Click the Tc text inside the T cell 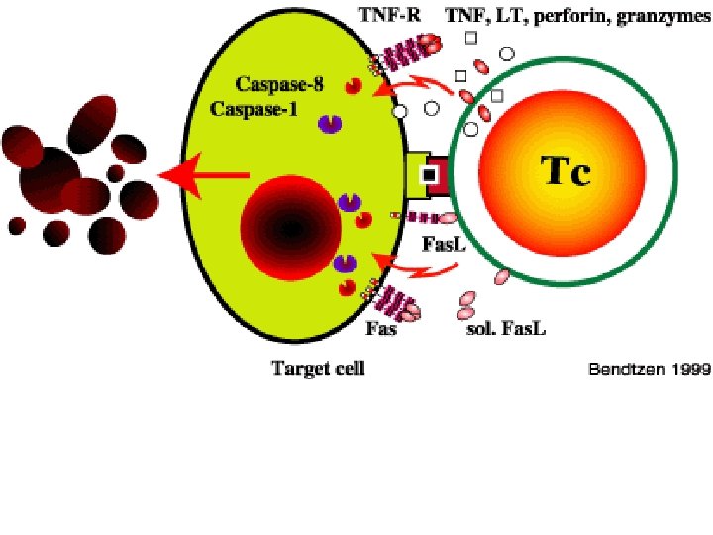point(564,172)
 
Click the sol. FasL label point(505,328)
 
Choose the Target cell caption point(318,369)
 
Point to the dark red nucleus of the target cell point(288,228)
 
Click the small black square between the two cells point(430,175)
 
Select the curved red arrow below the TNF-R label point(416,88)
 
